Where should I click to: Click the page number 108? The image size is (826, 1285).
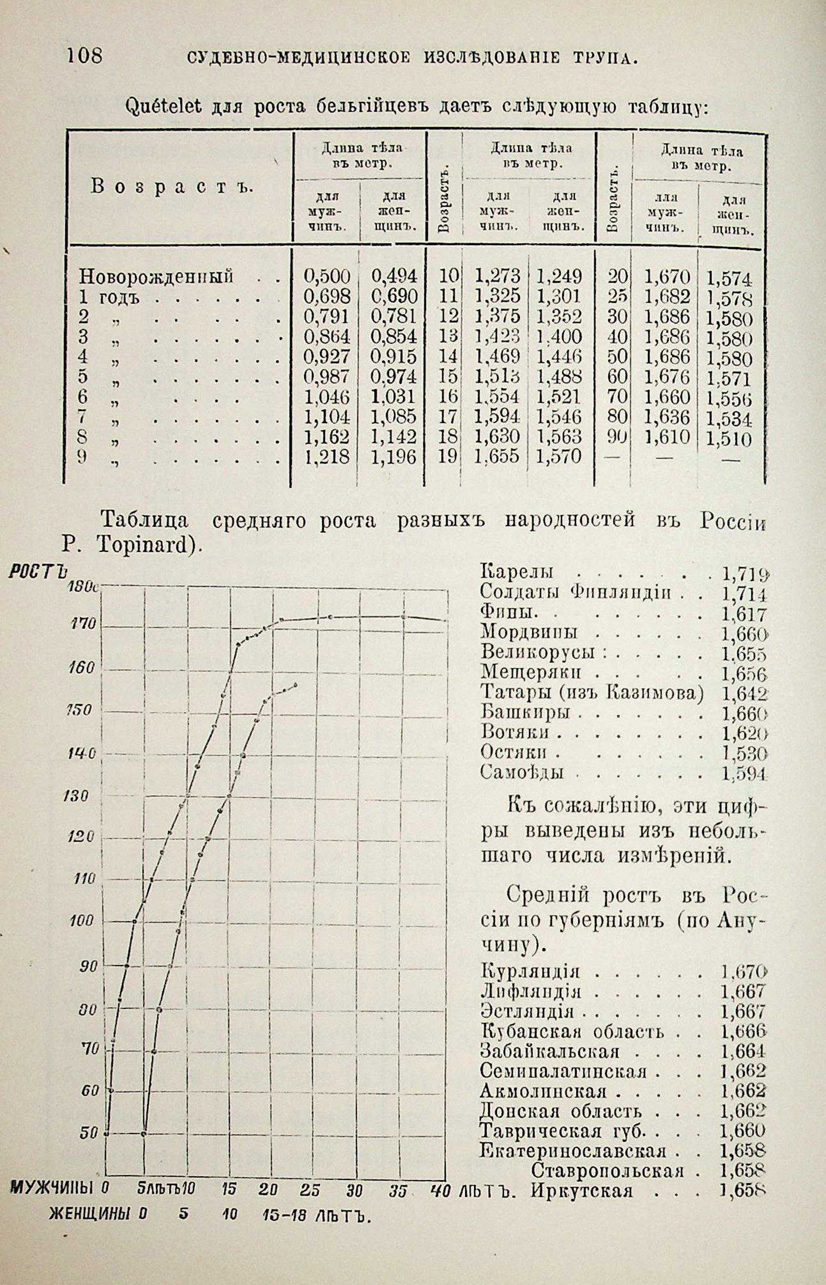[x=84, y=55]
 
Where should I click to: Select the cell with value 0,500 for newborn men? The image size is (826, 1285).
[x=326, y=277]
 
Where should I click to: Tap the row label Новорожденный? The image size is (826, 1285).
[x=156, y=277]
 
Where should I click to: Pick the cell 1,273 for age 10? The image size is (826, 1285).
[x=497, y=277]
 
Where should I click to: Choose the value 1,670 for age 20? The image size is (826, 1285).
[x=666, y=277]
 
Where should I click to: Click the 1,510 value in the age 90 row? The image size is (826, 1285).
[x=729, y=439]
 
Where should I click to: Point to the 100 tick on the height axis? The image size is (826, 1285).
[x=82, y=921]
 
